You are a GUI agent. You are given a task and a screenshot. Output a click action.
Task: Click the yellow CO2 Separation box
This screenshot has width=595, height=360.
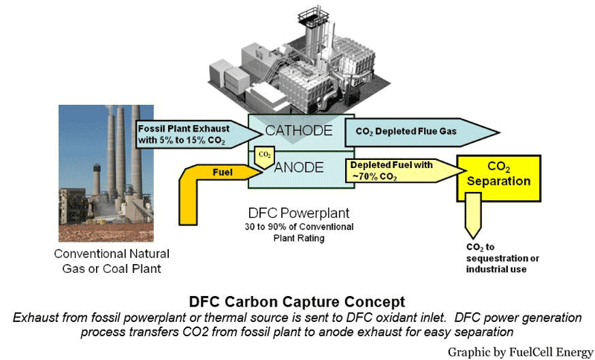click(x=498, y=175)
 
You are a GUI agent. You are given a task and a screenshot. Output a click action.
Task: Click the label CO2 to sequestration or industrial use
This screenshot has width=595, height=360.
click(x=497, y=257)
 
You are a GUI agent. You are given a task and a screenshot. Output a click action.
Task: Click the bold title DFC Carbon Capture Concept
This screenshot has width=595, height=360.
click(x=297, y=302)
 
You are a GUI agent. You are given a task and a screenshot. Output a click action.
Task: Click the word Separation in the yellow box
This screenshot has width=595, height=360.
click(x=498, y=181)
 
